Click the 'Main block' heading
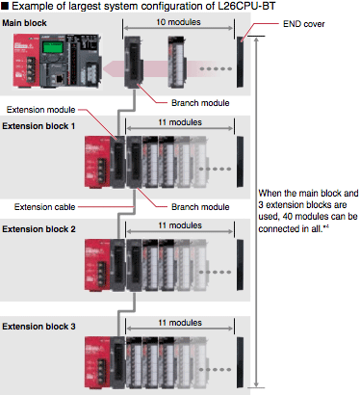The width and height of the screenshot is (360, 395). (24, 23)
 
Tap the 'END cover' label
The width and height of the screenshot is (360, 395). (303, 24)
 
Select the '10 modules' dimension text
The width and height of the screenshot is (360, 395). (178, 22)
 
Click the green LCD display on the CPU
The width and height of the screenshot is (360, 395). (52, 48)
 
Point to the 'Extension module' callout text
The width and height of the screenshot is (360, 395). (40, 110)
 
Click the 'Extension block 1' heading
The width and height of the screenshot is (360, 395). (39, 126)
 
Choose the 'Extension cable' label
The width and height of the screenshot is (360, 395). (44, 207)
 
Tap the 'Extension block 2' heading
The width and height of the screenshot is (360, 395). (39, 229)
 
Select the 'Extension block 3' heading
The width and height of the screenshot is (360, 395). (39, 327)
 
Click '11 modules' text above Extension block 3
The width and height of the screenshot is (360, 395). (180, 323)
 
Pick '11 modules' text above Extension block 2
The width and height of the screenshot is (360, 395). (180, 225)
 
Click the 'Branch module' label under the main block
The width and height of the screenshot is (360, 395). (200, 103)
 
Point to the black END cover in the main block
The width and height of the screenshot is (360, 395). (240, 62)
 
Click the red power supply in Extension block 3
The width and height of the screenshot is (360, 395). (97, 362)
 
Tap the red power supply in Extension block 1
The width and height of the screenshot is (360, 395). (97, 162)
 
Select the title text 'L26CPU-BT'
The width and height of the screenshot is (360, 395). (246, 6)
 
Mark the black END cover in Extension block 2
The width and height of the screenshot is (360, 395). (240, 265)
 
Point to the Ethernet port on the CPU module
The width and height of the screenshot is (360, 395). (60, 79)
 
